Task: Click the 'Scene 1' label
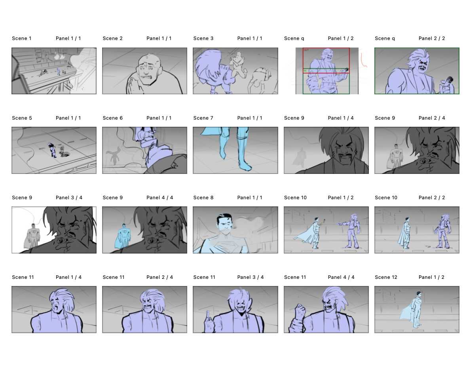pyautogui.click(x=21, y=38)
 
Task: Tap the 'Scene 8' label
pyautogui.click(x=203, y=198)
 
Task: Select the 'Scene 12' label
pyautogui.click(x=386, y=277)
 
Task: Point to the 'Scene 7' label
pyautogui.click(x=203, y=118)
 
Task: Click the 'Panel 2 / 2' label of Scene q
pyautogui.click(x=431, y=38)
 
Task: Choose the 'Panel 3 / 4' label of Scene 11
pyautogui.click(x=250, y=277)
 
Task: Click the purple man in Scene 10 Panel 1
pyautogui.click(x=351, y=231)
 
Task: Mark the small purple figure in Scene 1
pyautogui.click(x=59, y=72)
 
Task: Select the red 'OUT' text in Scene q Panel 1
pyautogui.click(x=306, y=50)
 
